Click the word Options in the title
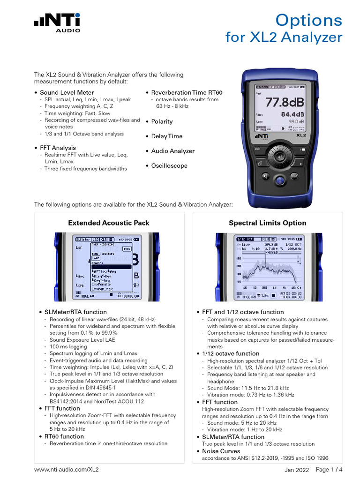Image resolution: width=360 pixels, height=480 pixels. pos(308,20)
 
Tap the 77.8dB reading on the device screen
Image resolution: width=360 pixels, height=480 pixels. pos(285,102)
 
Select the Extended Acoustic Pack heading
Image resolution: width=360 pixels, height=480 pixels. pos(109,223)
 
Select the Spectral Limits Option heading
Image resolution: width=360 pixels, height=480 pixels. pos(267,223)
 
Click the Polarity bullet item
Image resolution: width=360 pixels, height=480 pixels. pos(162,121)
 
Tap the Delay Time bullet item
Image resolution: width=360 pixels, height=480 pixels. pos(166,136)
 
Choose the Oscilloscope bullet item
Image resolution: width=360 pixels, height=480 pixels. pos(169,165)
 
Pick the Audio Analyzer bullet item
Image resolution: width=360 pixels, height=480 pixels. pos(172,151)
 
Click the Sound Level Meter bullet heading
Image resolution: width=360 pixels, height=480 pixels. pos(67,92)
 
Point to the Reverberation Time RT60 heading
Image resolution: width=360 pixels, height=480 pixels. pos(187,92)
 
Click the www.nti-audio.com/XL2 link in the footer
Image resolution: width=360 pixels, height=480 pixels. pos(66,469)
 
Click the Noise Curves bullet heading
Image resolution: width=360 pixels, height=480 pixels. pos(221,451)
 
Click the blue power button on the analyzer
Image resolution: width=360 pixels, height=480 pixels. pos(280,180)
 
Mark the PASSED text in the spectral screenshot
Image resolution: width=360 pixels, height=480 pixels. pos(272,252)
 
